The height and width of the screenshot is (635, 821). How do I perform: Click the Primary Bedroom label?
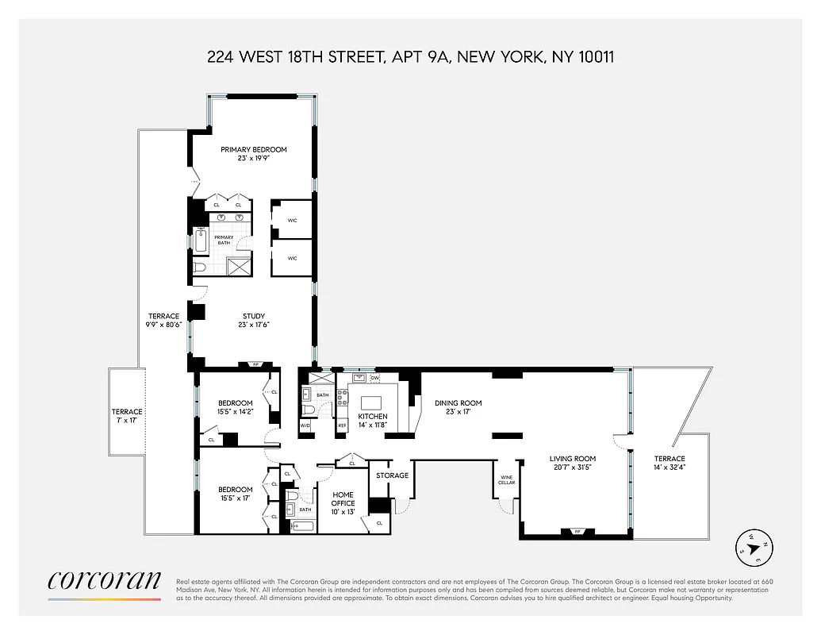pyautogui.click(x=254, y=149)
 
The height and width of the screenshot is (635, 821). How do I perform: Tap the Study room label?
pyautogui.click(x=254, y=317)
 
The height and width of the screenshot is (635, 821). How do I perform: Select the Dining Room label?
pyautogui.click(x=458, y=403)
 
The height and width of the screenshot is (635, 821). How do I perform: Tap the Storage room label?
pyautogui.click(x=392, y=475)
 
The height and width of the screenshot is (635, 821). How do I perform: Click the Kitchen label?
pyautogui.click(x=373, y=417)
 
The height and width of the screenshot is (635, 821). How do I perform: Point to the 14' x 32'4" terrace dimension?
pyautogui.click(x=669, y=468)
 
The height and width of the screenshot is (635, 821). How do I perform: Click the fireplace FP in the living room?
pyautogui.click(x=576, y=532)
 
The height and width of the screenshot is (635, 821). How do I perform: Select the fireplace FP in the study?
pyautogui.click(x=255, y=365)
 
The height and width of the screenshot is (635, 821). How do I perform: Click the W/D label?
pyautogui.click(x=305, y=426)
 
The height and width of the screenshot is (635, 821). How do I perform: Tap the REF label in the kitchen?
pyautogui.click(x=343, y=426)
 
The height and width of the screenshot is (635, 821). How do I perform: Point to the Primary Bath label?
pyautogui.click(x=224, y=240)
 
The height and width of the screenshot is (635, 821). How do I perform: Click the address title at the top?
pyautogui.click(x=410, y=56)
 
